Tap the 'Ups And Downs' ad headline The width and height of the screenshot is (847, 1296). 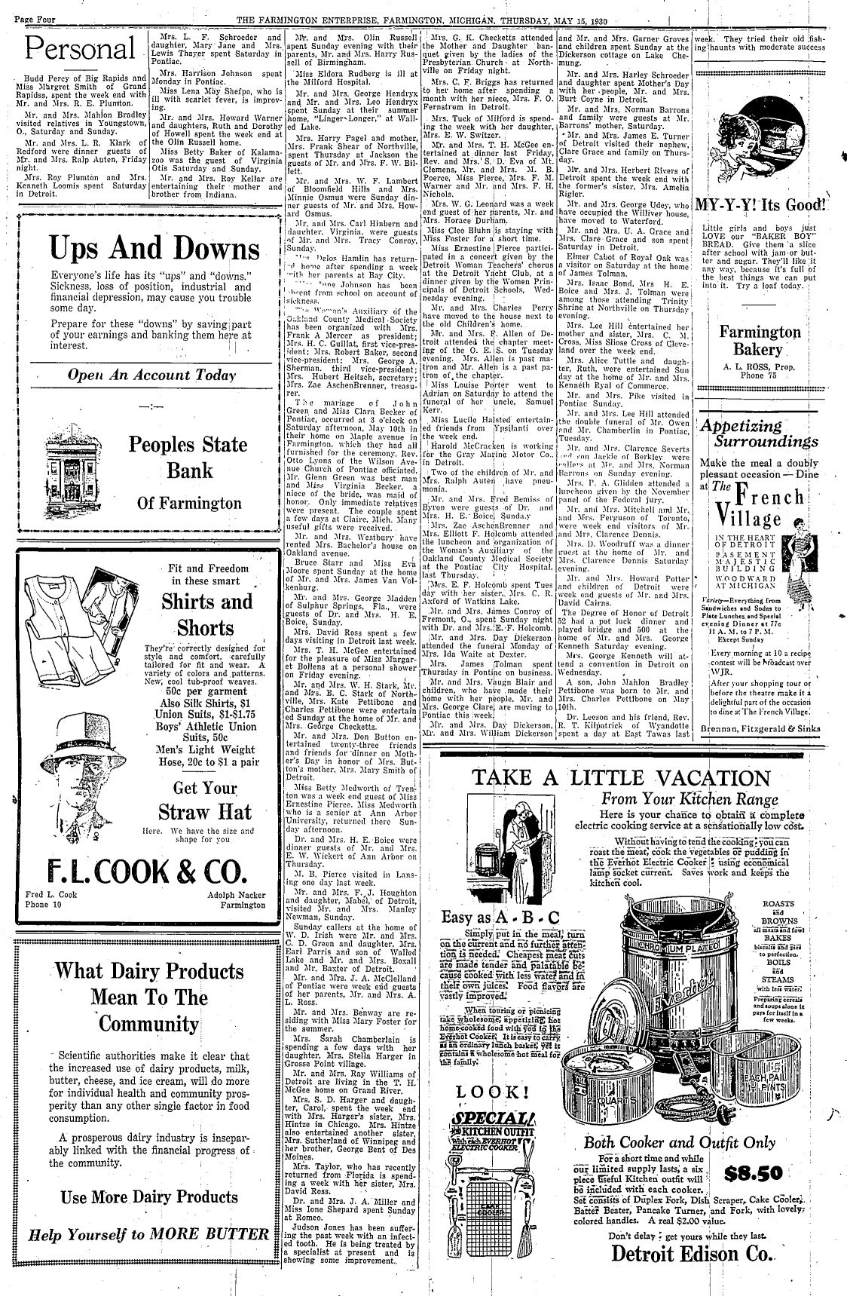[x=149, y=249]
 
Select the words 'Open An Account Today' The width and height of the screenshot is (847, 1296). [x=151, y=375]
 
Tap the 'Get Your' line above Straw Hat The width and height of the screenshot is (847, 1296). [x=205, y=789]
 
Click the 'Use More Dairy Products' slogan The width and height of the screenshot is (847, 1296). [x=149, y=1196]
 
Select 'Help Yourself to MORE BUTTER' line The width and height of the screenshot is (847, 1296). [x=148, y=1234]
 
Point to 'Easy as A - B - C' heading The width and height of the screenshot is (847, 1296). [x=501, y=917]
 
